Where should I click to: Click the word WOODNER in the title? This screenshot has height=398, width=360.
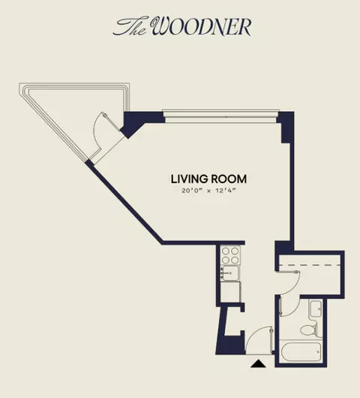click(202, 26)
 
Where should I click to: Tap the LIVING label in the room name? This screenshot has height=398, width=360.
click(188, 179)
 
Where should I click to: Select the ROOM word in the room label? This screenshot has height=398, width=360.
click(228, 179)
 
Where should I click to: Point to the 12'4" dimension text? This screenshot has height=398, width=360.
click(226, 191)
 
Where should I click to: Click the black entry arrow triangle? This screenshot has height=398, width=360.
click(258, 363)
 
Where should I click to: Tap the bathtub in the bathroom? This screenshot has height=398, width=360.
click(301, 351)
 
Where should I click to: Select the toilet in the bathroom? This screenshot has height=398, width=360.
click(309, 328)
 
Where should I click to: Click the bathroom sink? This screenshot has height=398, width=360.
click(316, 309)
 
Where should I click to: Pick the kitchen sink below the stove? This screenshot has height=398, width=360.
click(230, 273)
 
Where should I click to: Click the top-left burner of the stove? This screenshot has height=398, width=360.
click(226, 252)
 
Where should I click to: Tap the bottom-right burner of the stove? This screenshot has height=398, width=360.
click(235, 260)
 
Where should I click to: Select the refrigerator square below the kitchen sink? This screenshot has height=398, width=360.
click(230, 292)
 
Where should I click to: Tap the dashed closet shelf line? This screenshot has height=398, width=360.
click(309, 265)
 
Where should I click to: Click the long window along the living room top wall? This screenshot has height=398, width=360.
click(220, 116)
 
